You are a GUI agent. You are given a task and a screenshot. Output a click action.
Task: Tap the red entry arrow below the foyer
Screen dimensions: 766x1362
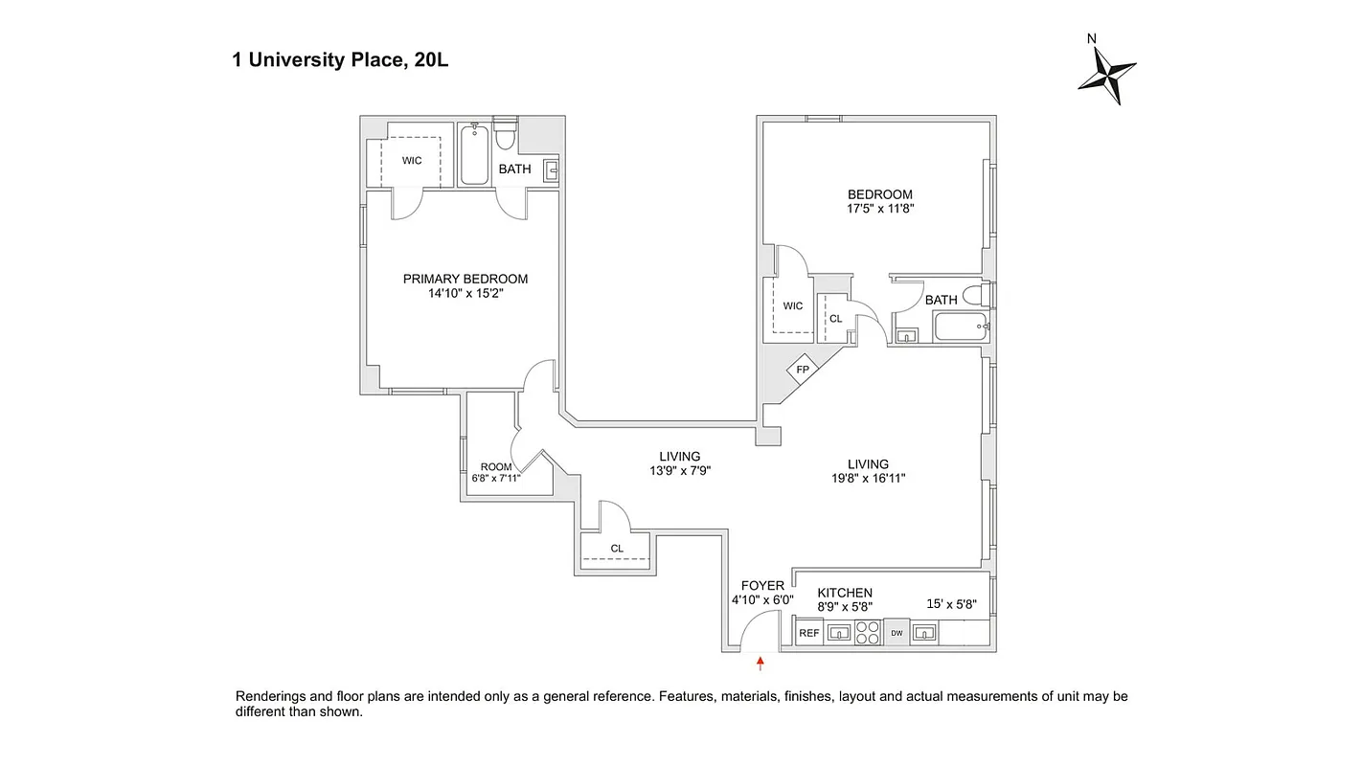(760, 661)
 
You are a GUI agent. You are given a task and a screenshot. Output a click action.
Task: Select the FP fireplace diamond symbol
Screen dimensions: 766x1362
(803, 370)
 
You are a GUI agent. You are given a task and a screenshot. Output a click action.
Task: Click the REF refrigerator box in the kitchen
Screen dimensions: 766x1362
(809, 633)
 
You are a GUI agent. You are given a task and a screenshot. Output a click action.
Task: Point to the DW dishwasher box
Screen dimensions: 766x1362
(897, 633)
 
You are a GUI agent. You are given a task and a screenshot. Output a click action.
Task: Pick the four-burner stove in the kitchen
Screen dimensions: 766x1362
(867, 633)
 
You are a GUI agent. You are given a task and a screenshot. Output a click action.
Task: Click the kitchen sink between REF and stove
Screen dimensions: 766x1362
(839, 633)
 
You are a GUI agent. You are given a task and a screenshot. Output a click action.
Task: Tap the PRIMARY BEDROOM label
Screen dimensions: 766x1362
(465, 279)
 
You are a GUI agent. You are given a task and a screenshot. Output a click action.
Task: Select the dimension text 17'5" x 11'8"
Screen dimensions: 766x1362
(879, 209)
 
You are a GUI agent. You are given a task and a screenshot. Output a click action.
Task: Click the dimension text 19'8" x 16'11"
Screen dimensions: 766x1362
(868, 479)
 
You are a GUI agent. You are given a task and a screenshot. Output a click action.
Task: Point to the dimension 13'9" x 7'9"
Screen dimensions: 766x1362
(679, 470)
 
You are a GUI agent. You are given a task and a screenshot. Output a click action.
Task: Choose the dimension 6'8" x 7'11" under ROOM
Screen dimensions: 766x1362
(496, 478)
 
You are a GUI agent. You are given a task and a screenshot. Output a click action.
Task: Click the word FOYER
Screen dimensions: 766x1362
(762, 586)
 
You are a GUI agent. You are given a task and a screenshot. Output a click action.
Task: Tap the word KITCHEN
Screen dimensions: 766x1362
(844, 593)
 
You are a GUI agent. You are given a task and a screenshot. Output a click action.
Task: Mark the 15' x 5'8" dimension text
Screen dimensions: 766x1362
(951, 603)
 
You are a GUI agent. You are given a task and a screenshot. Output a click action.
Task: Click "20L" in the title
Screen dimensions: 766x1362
(431, 60)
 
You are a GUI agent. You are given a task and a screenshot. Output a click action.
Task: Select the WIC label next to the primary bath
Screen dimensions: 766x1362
(412, 161)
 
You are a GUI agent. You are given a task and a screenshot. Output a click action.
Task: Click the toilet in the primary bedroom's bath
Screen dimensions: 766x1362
(505, 135)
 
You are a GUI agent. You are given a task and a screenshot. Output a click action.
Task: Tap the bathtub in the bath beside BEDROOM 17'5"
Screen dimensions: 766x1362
(961, 329)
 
